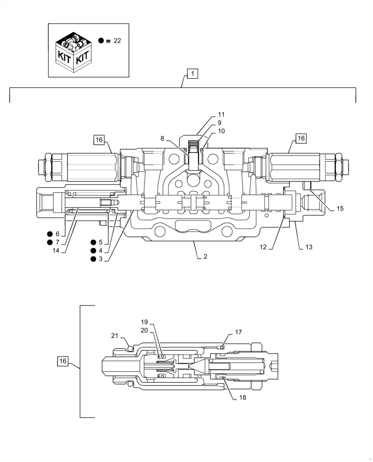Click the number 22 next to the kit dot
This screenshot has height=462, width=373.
[117, 41]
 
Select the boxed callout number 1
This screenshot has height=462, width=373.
[192, 73]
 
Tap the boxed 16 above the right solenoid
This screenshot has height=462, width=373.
[301, 138]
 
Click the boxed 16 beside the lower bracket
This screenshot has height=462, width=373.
[64, 361]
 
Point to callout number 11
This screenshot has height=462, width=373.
[221, 114]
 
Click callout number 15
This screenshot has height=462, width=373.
[340, 208]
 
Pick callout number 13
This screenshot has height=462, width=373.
[309, 247]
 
